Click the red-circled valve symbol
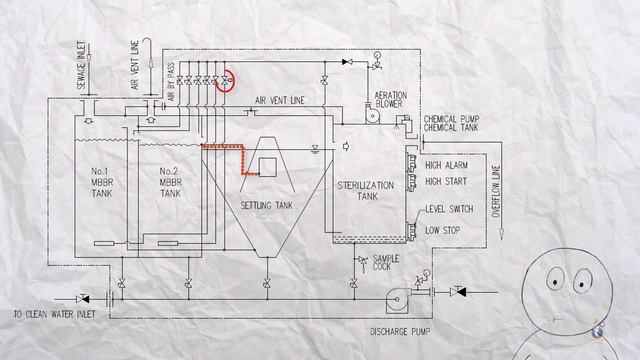tap(227, 79)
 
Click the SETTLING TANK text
tap(263, 205)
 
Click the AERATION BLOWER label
tap(389, 99)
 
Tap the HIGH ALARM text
tap(447, 165)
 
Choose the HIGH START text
tap(447, 182)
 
